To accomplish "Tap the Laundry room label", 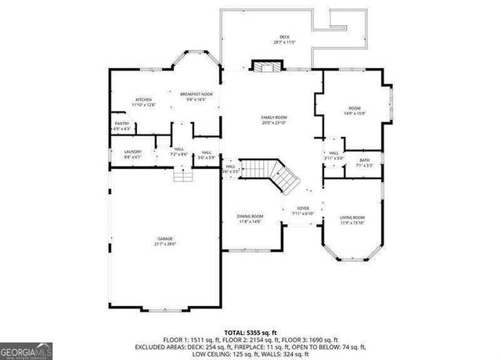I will pos(132,154).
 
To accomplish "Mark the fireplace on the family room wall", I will pos(263,67).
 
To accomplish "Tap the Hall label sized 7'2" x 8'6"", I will pos(179,151).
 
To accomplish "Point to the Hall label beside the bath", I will pos(333,155).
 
